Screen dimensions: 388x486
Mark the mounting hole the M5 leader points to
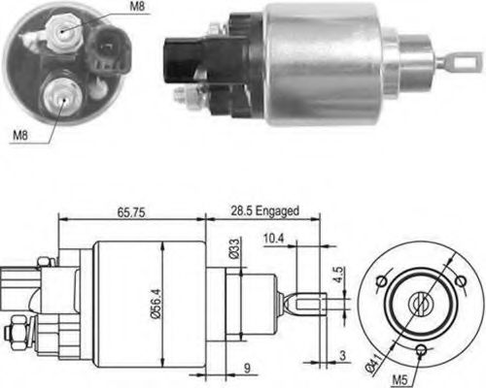tap(421, 348)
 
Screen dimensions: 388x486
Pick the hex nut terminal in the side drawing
tap(17, 334)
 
